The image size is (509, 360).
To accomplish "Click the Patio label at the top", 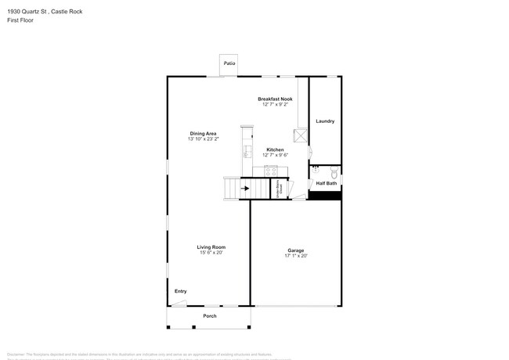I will [x=229, y=63].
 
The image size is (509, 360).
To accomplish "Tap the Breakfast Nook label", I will [x=275, y=99].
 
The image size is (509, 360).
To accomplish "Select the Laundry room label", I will [x=325, y=121].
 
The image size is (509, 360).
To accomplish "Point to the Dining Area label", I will [x=203, y=133].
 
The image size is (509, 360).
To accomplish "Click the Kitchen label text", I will [x=275, y=149].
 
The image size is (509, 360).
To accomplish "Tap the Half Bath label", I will [x=327, y=183].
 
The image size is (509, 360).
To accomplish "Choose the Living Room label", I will [x=211, y=247].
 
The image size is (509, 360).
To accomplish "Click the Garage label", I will [x=296, y=250].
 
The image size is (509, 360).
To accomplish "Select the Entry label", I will [x=180, y=291].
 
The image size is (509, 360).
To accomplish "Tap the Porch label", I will [x=210, y=315].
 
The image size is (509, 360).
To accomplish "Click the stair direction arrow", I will [x=244, y=188].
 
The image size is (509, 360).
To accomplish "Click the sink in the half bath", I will [x=316, y=168].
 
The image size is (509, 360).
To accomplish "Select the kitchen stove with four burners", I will [x=271, y=171].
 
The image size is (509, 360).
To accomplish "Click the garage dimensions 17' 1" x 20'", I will [x=296, y=256].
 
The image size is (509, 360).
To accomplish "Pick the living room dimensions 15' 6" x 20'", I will [x=211, y=253].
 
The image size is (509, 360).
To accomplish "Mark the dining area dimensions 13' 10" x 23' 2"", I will [x=203, y=139].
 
